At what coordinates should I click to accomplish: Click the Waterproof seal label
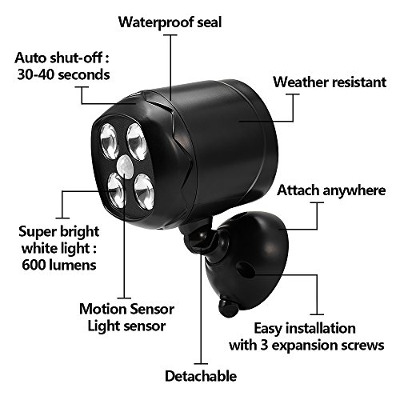click(170, 22)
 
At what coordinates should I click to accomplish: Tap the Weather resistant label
click(330, 82)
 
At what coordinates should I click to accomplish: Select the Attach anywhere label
click(331, 190)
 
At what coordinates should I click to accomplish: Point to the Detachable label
click(201, 376)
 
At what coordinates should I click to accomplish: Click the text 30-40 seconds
click(63, 74)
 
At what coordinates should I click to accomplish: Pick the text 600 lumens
click(59, 265)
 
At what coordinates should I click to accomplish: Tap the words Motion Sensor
click(126, 309)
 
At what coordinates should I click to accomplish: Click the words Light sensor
click(126, 326)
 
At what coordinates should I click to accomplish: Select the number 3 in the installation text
click(264, 346)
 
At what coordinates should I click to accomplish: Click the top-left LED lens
click(109, 142)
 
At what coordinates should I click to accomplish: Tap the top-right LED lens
click(136, 142)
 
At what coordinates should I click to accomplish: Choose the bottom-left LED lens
click(117, 190)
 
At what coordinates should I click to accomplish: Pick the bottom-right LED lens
click(144, 191)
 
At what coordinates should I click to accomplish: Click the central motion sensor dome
click(126, 166)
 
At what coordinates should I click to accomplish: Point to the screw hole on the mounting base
click(245, 270)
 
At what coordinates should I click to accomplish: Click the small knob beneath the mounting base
click(227, 308)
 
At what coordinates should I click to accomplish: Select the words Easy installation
click(305, 328)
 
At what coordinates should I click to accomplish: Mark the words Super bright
click(59, 232)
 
